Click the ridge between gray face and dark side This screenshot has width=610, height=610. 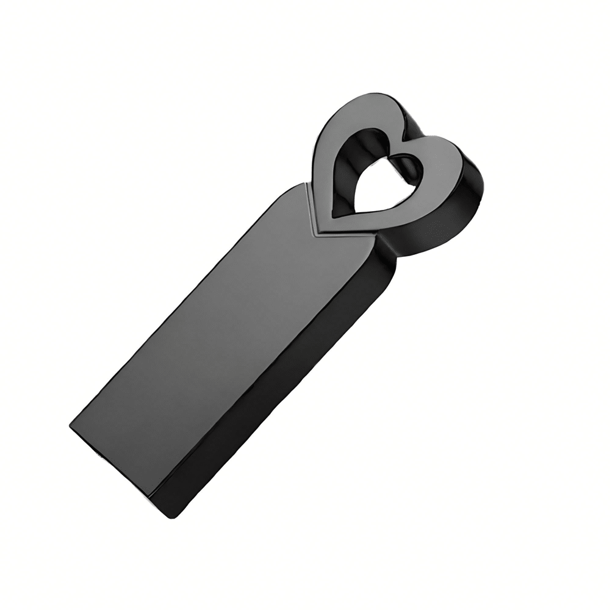point(268,366)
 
